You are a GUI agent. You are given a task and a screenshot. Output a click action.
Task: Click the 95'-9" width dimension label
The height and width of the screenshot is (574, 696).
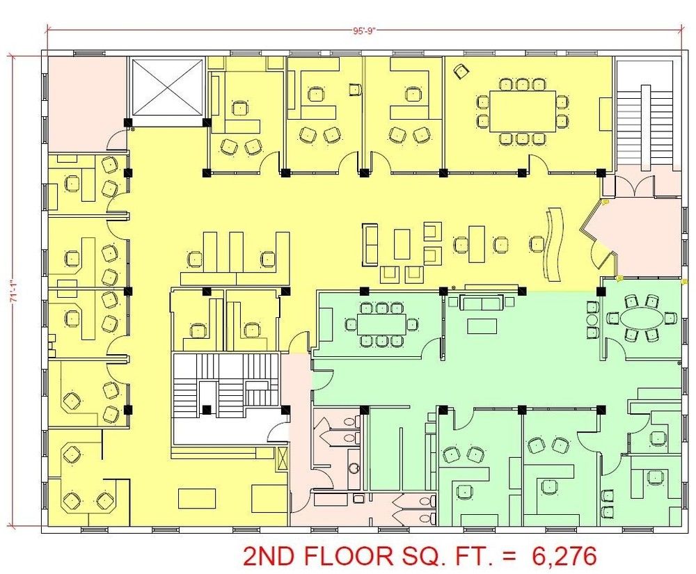(365, 31)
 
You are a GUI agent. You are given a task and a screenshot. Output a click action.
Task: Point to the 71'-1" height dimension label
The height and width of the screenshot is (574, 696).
(14, 292)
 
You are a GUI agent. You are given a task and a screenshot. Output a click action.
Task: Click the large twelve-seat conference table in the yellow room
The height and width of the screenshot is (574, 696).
(523, 111)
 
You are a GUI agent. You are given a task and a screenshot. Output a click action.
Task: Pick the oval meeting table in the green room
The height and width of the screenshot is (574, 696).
(639, 318)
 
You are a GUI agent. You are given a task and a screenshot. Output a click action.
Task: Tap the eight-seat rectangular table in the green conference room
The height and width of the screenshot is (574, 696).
(381, 324)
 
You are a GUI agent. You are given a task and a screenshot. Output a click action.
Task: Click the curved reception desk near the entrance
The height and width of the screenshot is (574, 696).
(553, 244)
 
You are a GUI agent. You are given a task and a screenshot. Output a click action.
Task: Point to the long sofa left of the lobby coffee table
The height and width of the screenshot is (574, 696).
(370, 245)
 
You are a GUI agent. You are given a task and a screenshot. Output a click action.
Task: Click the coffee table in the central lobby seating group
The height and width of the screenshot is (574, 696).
(402, 244)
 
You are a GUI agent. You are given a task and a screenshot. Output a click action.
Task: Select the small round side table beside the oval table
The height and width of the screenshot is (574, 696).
(592, 319)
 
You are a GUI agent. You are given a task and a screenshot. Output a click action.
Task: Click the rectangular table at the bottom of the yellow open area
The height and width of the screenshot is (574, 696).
(197, 498)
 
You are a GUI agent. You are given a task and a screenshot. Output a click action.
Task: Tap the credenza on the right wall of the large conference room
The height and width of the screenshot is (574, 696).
(606, 114)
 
